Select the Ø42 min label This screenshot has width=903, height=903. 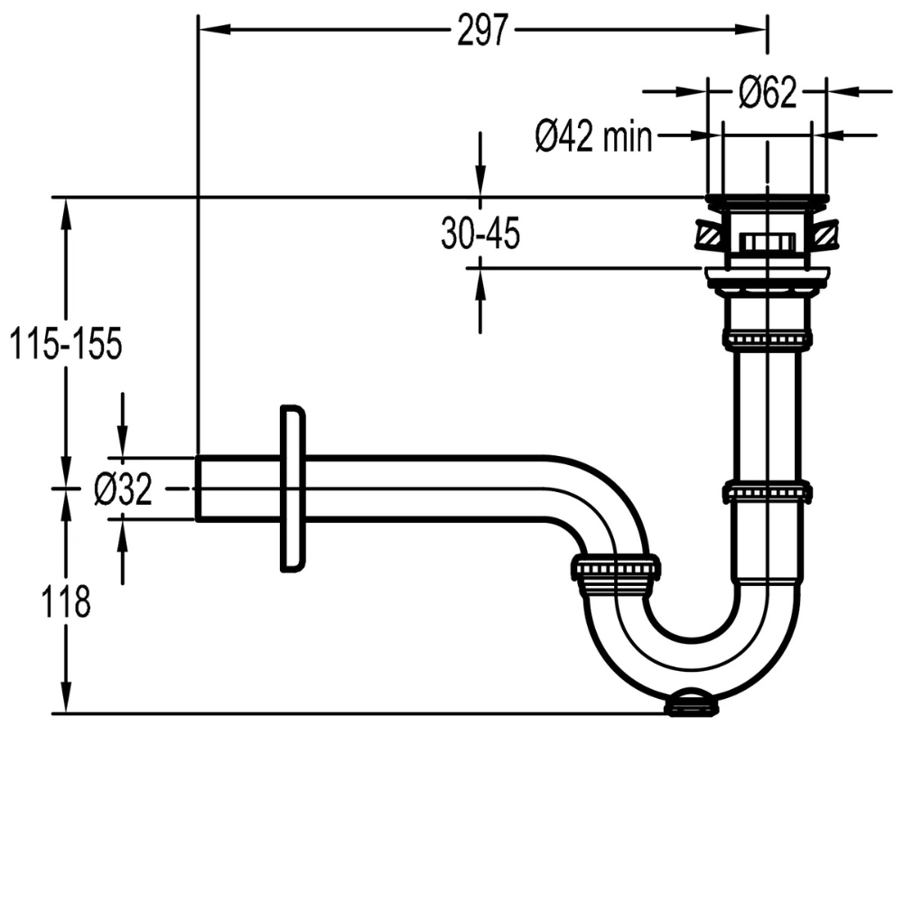(593, 137)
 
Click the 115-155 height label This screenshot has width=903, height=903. (65, 344)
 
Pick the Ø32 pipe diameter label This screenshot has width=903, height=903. (123, 490)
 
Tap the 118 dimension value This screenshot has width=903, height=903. (65, 601)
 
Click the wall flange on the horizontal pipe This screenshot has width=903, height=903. (293, 489)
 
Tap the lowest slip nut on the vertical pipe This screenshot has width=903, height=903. (767, 493)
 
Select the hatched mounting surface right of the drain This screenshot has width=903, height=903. (826, 236)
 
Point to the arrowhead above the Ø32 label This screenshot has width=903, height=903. (123, 446)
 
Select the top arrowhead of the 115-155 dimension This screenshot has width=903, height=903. (65, 209)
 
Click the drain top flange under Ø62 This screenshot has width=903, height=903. (767, 198)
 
